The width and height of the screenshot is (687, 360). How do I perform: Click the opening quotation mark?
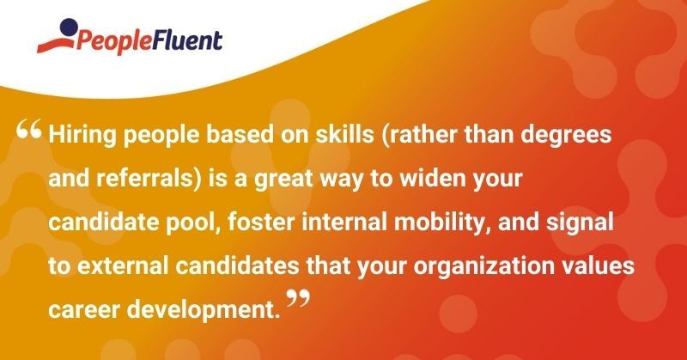[x=29, y=133]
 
